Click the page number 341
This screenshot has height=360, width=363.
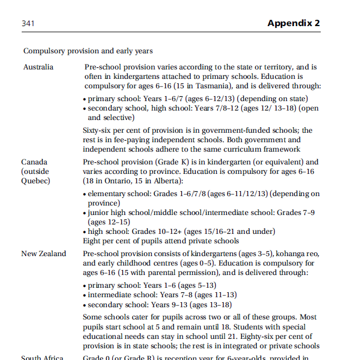point(28,23)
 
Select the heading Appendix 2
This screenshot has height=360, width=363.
point(294,23)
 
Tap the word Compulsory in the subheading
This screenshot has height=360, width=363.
point(44,51)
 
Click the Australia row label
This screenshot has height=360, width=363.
point(38,67)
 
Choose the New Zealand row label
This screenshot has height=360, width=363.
point(43,253)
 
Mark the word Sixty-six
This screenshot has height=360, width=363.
point(100,131)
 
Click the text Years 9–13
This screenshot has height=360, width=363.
point(166,304)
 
